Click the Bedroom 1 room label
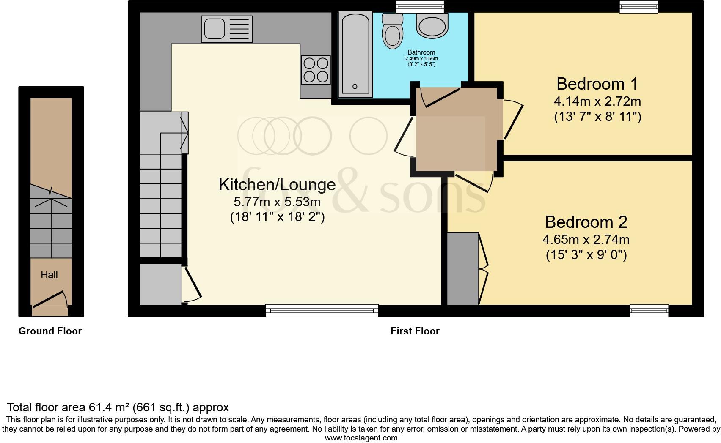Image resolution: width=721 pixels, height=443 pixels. (597, 84)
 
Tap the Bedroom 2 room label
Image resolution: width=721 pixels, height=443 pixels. (586, 222)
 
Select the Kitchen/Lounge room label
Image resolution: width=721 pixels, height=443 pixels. (277, 184)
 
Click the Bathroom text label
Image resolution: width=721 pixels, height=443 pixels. (421, 52)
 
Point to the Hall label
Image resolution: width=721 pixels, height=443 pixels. (49, 275)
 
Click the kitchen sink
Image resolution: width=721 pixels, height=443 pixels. (227, 29)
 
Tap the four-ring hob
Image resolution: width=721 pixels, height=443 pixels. (316, 70)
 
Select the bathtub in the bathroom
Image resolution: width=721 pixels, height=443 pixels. (355, 54)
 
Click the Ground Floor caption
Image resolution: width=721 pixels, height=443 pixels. (50, 331)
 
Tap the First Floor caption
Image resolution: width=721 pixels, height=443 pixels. (415, 331)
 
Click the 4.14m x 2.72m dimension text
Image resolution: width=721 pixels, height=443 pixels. (597, 101)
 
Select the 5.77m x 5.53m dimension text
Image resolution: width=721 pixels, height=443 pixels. (277, 202)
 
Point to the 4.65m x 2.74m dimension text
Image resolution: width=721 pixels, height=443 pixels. (586, 240)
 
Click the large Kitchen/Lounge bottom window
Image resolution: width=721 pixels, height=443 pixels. (322, 311)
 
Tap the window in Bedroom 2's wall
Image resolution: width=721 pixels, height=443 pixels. (649, 311)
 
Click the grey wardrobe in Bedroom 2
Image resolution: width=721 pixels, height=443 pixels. (462, 268)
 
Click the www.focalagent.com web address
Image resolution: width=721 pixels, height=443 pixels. (361, 438)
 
